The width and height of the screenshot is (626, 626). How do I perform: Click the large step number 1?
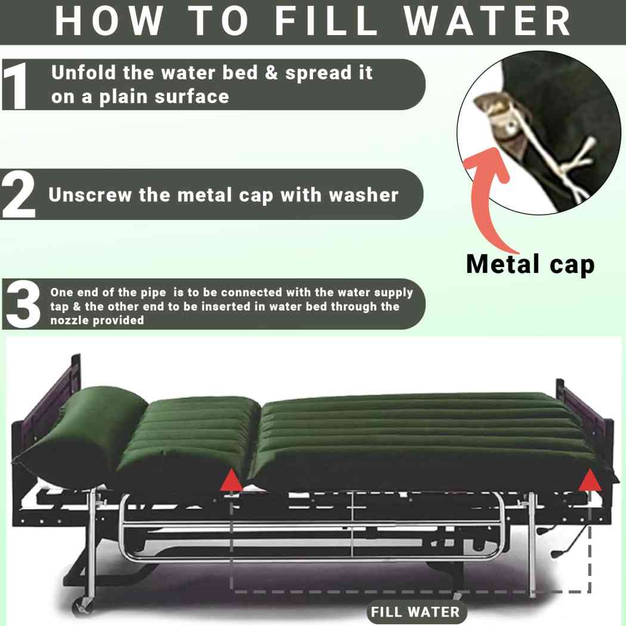click(x=16, y=85)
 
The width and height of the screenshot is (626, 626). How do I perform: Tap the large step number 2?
click(x=19, y=195)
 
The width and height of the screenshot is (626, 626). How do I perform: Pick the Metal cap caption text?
click(x=530, y=264)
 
